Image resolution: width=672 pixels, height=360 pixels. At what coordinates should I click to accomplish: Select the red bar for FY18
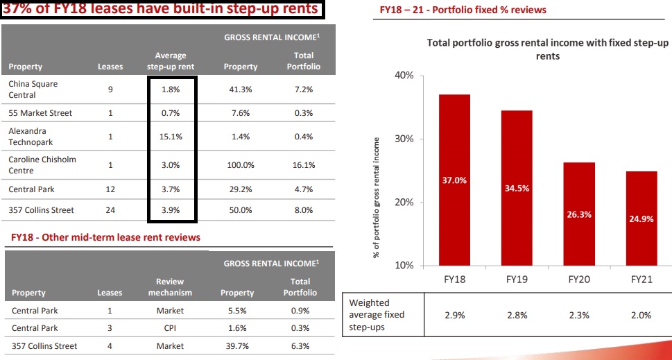[454, 180]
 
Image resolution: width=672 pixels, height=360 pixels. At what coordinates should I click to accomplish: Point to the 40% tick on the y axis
[404, 75]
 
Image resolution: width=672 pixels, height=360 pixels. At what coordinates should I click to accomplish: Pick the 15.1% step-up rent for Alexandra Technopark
[171, 137]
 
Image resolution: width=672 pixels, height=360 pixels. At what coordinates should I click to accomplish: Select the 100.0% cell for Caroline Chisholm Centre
[241, 165]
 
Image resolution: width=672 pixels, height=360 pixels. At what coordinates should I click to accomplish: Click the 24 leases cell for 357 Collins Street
[110, 210]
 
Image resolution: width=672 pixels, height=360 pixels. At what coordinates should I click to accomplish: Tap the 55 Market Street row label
[40, 113]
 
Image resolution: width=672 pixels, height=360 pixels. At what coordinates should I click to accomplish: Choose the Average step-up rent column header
[171, 61]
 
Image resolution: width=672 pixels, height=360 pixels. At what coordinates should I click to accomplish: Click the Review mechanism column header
[170, 287]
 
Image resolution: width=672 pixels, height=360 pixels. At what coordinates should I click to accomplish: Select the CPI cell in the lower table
[170, 328]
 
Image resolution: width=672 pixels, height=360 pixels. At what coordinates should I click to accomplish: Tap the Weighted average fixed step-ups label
[377, 314]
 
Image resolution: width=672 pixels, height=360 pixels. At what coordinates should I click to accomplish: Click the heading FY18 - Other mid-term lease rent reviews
[106, 237]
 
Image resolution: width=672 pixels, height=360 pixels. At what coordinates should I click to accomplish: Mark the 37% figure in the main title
[17, 9]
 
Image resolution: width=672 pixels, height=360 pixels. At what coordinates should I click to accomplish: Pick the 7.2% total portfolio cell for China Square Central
[303, 89]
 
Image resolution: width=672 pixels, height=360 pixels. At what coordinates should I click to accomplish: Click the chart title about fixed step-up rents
[548, 49]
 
